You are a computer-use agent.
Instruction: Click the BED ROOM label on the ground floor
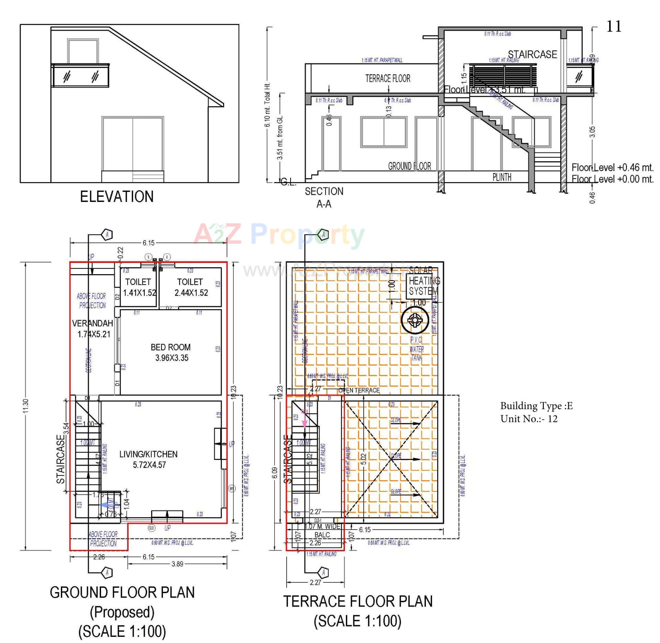coord(170,347)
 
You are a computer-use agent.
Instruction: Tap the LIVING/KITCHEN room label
coord(148,454)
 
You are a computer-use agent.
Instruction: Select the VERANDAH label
coord(92,323)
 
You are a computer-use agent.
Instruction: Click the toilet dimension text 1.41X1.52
coord(140,293)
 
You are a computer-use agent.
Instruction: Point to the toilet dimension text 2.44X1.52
coord(191,293)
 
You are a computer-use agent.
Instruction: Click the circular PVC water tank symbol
coord(415,320)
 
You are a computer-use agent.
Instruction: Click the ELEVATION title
coord(117,197)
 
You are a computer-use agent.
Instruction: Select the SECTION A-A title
coord(324,197)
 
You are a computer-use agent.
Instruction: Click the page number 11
coord(614,26)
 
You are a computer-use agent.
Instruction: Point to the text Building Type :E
coord(536,406)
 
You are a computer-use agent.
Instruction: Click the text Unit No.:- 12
coord(529,419)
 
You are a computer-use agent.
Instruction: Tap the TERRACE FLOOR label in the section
coord(388,78)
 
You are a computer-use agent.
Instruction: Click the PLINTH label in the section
coord(502,177)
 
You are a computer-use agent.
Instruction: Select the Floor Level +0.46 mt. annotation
coord(612,168)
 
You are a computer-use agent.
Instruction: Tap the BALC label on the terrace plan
coord(322,535)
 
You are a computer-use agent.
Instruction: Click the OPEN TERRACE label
coord(359,390)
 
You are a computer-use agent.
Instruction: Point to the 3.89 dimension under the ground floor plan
coord(177,564)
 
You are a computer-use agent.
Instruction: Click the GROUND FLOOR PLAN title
coord(122,592)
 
